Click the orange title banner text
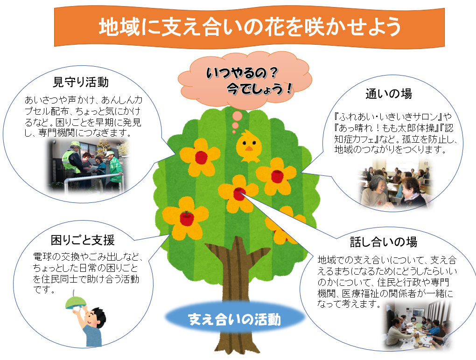pyautogui.click(x=250, y=28)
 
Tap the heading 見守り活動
pyautogui.click(x=81, y=82)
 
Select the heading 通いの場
pyautogui.click(x=389, y=94)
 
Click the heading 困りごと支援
pyautogui.click(x=83, y=240)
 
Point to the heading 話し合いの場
pyautogui.click(x=384, y=242)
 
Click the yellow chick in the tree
pyautogui.click(x=249, y=145)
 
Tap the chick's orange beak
pyautogui.click(x=249, y=148)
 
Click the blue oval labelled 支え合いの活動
pyautogui.click(x=235, y=318)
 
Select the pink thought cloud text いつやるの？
pyautogui.click(x=242, y=72)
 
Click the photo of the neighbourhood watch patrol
pyautogui.click(x=88, y=166)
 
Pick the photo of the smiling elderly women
pyautogui.click(x=396, y=185)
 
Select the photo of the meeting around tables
pyautogui.click(x=417, y=327)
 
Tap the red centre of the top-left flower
pyautogui.click(x=201, y=158)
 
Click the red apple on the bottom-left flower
pyautogui.click(x=187, y=218)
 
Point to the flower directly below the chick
pyautogui.click(x=238, y=193)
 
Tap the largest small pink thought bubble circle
pyautogui.click(x=237, y=116)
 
